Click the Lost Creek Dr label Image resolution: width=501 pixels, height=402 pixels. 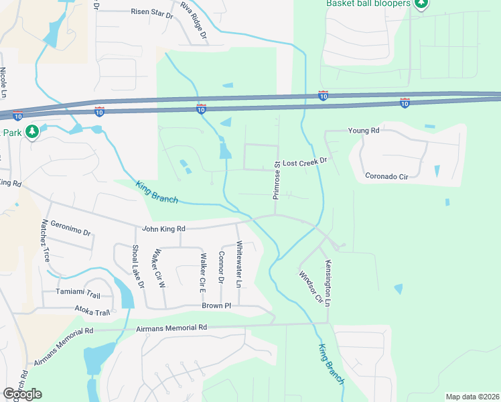(x=304, y=162)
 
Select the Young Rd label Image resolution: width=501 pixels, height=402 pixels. (x=364, y=130)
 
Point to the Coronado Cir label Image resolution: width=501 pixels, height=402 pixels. (x=387, y=176)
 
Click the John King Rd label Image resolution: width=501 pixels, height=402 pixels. (x=163, y=229)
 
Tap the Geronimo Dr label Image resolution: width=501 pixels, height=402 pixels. (x=70, y=228)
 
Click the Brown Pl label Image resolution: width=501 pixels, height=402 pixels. (x=216, y=306)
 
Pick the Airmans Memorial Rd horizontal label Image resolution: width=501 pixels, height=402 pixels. (x=171, y=328)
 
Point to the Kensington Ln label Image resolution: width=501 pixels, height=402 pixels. (x=328, y=282)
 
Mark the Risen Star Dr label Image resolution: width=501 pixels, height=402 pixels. (x=152, y=11)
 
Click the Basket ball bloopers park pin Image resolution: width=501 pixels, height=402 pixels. (x=421, y=5)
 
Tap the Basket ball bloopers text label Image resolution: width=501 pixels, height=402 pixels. (x=368, y=3)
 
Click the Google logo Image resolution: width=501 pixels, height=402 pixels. (x=22, y=394)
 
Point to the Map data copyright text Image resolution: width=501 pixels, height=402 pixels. (x=472, y=397)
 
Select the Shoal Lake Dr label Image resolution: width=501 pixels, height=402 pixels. (x=137, y=266)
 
